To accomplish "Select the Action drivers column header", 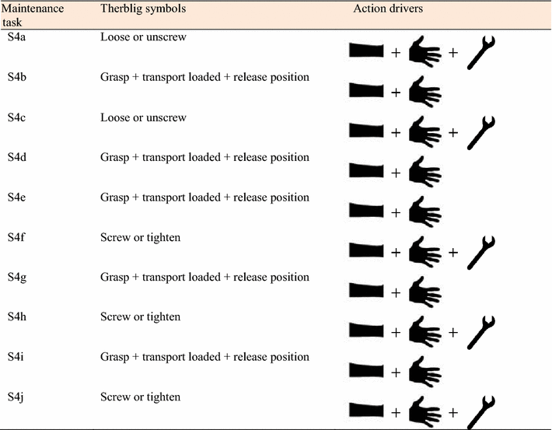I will point(386,8).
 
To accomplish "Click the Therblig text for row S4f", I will point(140,237).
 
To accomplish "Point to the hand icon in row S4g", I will point(424,292).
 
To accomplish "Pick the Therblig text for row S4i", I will point(204,357).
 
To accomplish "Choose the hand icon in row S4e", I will point(424,212).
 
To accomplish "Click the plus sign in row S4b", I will point(396,93).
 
